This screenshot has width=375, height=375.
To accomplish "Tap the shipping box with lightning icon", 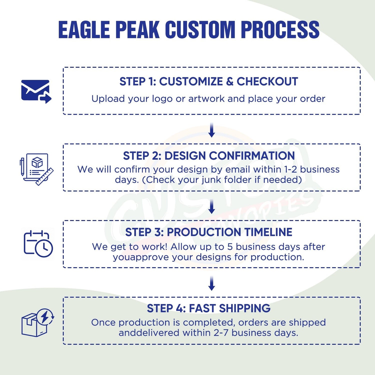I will click(37, 322).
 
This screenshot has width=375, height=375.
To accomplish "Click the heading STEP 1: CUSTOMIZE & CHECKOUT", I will click(209, 81).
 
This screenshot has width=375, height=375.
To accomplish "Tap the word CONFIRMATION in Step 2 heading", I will click(252, 156).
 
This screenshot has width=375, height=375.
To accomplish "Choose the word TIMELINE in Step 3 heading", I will click(268, 232).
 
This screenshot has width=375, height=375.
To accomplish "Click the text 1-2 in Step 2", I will click(290, 169).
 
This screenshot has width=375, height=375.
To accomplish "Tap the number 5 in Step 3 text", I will click(230, 247).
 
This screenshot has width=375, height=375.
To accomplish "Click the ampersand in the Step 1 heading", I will click(229, 81).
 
